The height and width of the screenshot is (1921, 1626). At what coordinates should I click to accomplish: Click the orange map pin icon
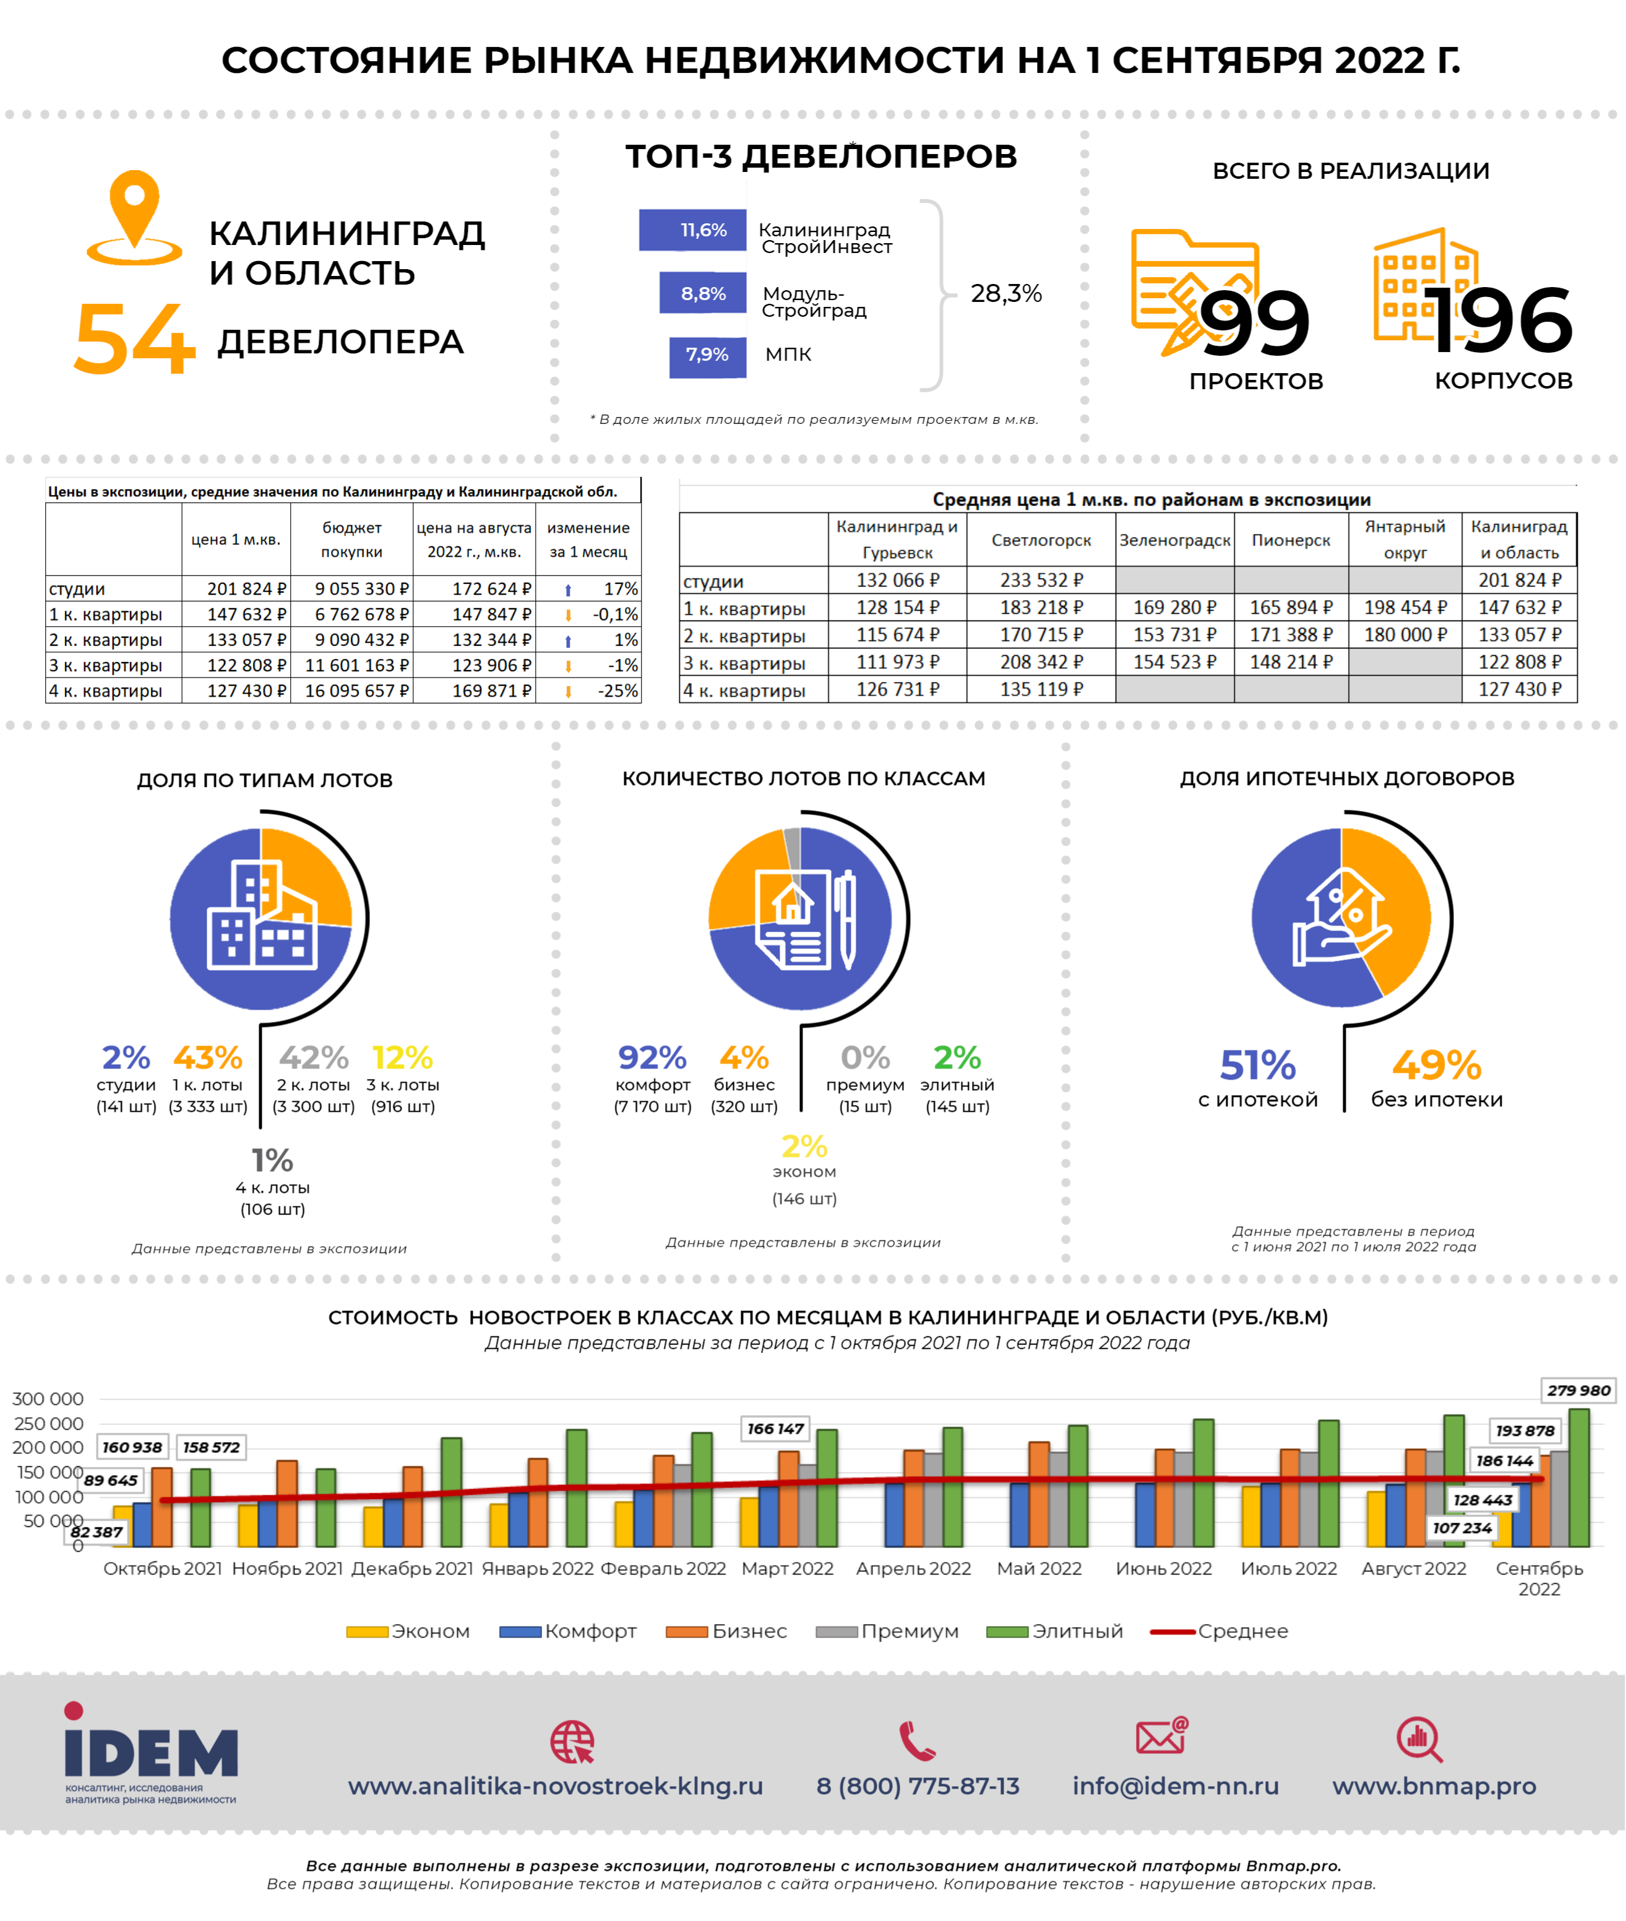[x=135, y=218]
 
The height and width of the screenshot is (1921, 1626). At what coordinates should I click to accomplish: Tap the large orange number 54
[x=135, y=339]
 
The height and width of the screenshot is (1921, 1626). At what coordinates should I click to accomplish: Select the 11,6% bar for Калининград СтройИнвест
[x=692, y=230]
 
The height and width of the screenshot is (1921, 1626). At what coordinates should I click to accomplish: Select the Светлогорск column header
[x=1041, y=540]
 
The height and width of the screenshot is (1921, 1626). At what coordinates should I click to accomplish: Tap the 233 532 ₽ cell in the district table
[x=1041, y=580]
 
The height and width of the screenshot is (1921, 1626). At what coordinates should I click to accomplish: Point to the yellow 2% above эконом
[x=804, y=1146]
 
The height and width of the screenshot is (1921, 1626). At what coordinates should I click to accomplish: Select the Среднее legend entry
[x=1219, y=1631]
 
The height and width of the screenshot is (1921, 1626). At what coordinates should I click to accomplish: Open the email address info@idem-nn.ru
[x=1175, y=1786]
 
